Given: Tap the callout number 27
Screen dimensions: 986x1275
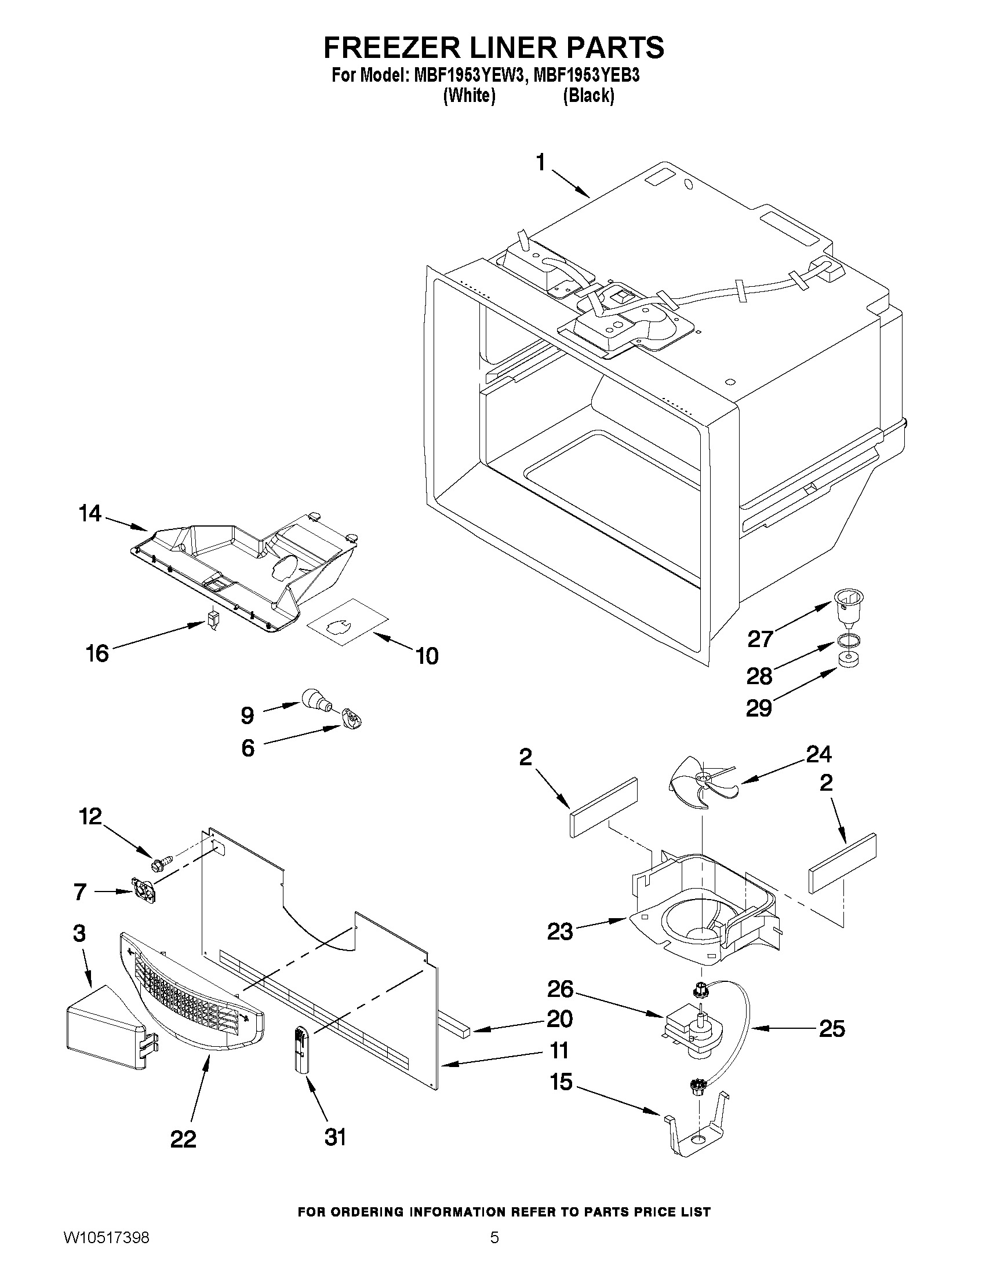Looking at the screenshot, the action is tap(760, 640).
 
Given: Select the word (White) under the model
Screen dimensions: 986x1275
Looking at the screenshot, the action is tap(469, 96).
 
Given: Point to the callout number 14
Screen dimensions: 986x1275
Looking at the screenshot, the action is tap(90, 514).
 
